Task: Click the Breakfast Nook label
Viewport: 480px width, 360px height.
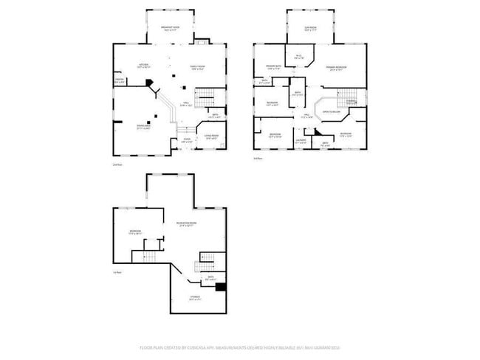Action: [x=171, y=29]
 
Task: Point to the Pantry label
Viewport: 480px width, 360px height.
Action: [x=119, y=81]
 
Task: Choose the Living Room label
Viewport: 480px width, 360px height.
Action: [x=211, y=136]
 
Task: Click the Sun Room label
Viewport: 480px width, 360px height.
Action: [x=310, y=29]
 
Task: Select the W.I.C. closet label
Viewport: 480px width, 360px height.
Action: [x=299, y=56]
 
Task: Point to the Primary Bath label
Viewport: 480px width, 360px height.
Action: [x=274, y=68]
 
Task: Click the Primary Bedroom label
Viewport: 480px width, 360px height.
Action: [x=337, y=68]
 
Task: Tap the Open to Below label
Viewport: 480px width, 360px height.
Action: [x=331, y=113]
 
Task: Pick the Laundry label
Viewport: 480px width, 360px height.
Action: [x=301, y=140]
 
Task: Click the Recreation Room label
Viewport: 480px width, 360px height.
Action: [x=186, y=224]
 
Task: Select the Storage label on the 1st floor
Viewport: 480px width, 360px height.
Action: [x=194, y=298]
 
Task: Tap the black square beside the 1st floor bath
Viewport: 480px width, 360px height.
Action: [x=219, y=288]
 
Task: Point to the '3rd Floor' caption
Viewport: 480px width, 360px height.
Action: [x=258, y=158]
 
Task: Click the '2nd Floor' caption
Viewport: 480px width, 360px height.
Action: [x=117, y=165]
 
